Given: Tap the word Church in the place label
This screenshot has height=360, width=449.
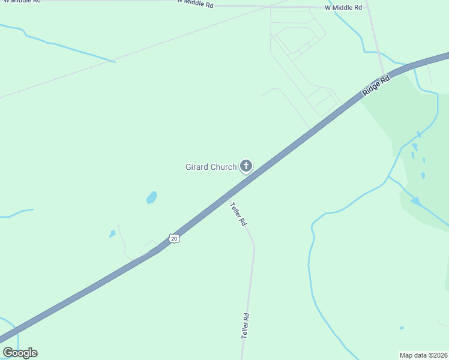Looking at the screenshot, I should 223,167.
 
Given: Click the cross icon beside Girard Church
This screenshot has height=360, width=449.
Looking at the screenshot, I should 246,166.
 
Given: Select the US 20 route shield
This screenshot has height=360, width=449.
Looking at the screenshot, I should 174,238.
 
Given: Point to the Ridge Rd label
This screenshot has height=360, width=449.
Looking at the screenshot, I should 376,86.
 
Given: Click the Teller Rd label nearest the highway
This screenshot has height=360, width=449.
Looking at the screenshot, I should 238,214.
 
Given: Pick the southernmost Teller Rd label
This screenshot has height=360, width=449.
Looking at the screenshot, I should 245,326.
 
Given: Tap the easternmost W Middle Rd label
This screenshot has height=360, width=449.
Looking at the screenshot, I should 343,8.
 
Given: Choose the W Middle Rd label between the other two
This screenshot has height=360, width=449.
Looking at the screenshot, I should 195,4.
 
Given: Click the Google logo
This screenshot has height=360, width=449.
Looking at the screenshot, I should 20,353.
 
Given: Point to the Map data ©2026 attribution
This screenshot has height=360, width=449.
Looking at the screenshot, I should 423,355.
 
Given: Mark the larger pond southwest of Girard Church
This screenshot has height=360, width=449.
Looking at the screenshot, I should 152,197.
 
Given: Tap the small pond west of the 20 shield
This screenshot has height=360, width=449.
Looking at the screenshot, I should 112,234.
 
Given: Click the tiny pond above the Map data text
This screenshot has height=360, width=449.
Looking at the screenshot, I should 402,328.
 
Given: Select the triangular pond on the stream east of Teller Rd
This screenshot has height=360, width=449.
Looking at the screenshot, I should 415,201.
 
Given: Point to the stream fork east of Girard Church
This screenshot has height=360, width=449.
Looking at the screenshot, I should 389,178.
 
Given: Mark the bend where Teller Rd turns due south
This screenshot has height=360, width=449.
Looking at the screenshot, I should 254,245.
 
